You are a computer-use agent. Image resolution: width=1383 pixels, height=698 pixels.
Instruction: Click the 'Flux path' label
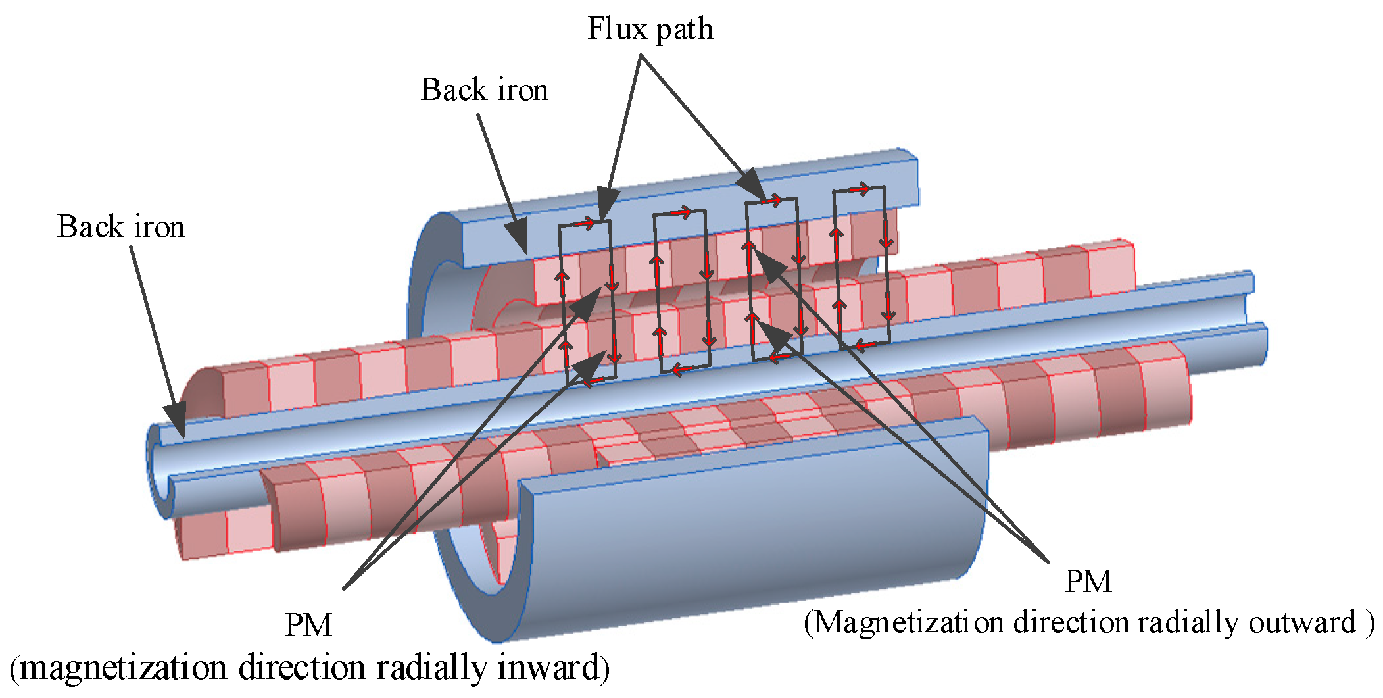(650, 29)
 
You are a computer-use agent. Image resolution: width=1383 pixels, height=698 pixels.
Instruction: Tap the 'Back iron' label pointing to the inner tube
(120, 227)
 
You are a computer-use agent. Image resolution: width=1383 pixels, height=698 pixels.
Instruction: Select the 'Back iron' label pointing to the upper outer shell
(484, 90)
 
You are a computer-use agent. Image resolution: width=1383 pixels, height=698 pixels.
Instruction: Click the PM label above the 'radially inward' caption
(308, 625)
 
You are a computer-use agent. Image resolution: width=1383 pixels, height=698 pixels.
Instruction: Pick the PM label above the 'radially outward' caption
(1088, 582)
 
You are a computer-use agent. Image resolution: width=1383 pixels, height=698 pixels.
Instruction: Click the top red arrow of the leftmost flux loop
(585, 224)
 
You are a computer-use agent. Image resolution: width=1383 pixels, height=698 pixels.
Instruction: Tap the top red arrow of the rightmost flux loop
(859, 190)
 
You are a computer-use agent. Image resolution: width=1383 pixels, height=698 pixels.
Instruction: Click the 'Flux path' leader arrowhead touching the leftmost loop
(608, 201)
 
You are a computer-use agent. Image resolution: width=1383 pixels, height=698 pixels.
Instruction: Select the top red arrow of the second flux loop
(680, 213)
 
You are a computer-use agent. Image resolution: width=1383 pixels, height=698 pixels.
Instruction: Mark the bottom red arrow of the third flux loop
(780, 358)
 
